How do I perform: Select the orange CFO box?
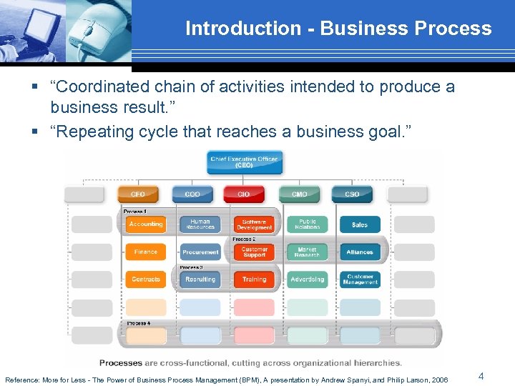coord(137,194)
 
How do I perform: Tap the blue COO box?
coord(192,194)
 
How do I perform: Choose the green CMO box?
coord(299,194)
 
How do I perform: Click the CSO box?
coord(353,194)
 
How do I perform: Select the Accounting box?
coord(146,224)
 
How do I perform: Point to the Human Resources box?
coord(200,224)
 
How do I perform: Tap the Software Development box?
coord(254,224)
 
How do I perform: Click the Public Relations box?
coord(308,224)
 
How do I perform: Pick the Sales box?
coord(360,224)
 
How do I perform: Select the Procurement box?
coord(200,252)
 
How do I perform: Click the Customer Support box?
coord(254,252)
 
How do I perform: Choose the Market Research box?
coord(308,252)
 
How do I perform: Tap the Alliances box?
coord(360,252)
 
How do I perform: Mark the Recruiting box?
coord(200,279)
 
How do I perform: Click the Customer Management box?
coord(360,279)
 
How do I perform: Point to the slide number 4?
coord(481,376)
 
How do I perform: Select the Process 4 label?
coord(138,323)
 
